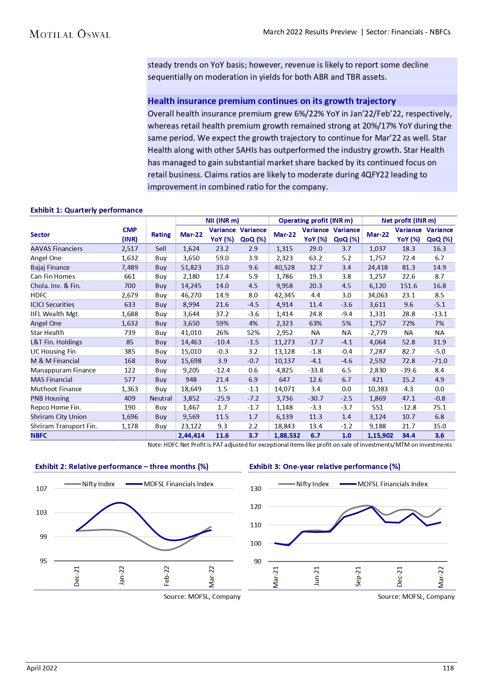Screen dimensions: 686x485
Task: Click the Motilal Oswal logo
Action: (70, 34)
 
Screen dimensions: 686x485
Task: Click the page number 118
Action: (448, 668)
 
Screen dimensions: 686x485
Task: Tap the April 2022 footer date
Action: (42, 668)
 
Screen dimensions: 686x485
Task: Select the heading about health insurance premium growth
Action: (272, 101)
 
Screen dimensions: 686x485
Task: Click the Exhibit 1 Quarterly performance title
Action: (86, 210)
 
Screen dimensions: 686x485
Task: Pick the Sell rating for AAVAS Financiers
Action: (161, 249)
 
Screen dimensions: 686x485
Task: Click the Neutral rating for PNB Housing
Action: (161, 398)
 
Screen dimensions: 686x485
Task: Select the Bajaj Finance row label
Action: (50, 267)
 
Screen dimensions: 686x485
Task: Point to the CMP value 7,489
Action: (129, 267)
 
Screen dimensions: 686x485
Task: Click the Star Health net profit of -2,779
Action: (378, 333)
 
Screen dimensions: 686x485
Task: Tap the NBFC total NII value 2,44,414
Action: (191, 435)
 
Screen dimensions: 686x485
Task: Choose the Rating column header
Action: (161, 235)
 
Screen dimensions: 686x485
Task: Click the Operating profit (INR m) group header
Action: (315, 220)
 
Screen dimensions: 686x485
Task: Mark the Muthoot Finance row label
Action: (56, 389)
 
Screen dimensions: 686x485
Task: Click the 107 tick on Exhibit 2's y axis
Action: (41, 489)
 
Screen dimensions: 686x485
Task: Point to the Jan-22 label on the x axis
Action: (122, 575)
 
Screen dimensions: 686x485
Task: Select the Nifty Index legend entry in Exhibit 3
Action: (312, 484)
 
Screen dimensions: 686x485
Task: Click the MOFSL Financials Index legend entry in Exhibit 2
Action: (178, 484)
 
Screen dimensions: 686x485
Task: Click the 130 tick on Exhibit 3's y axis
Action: (256, 489)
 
